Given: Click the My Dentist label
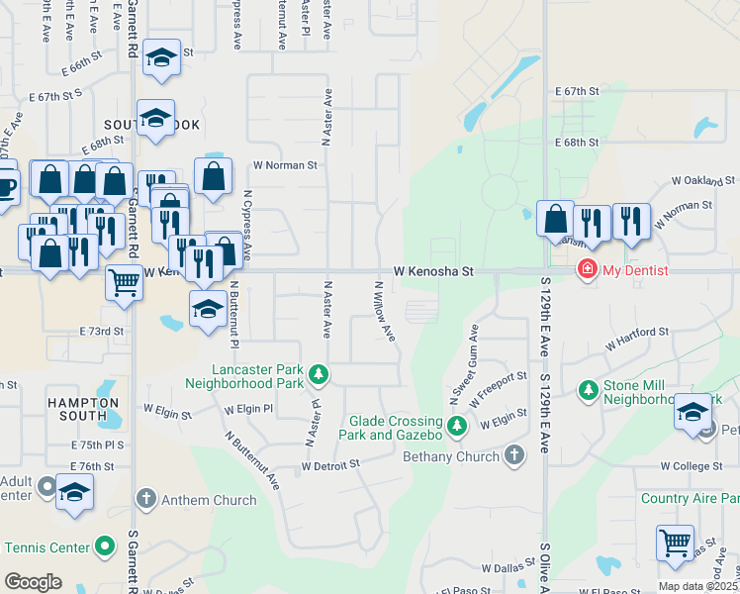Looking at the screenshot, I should click(x=636, y=270).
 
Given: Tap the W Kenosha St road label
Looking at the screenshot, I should click(x=434, y=270).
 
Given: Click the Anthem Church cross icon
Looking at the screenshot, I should click(x=145, y=500).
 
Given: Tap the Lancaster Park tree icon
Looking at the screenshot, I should click(x=318, y=374).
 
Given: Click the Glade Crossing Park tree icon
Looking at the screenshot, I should click(x=456, y=427).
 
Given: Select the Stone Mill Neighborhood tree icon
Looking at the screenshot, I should click(x=589, y=390).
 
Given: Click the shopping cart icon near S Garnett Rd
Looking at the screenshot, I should click(x=125, y=282).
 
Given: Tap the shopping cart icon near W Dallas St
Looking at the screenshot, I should click(x=675, y=542).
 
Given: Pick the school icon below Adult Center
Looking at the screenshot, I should click(x=75, y=491).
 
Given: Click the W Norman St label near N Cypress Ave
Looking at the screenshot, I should click(x=285, y=165).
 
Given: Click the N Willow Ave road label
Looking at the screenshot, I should click(x=384, y=311).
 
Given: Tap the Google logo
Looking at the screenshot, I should click(x=33, y=582).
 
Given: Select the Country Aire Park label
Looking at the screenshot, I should click(x=690, y=499).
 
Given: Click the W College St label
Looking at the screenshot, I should click(x=693, y=465).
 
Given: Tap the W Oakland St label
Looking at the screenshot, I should click(x=703, y=181).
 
